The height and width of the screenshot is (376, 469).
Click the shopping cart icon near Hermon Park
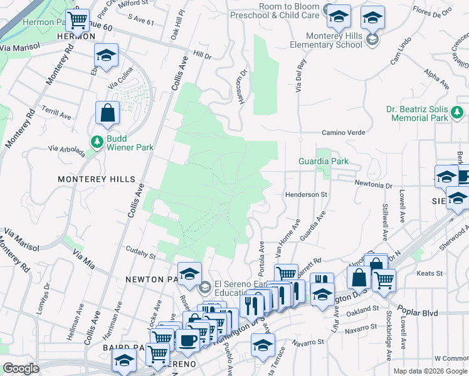(78, 19)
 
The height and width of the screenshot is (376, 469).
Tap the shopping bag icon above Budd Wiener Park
(107, 113)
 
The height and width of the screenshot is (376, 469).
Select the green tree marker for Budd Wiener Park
(97, 142)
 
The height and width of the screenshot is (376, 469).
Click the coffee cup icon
(187, 340)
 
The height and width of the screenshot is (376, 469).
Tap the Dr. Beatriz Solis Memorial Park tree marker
(458, 113)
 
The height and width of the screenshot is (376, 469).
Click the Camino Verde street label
(343, 132)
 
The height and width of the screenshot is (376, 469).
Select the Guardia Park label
(324, 161)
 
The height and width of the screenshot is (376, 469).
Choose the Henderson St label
(307, 195)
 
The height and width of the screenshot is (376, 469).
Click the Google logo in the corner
(21, 368)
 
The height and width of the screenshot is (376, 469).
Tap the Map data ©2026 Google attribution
(429, 371)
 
